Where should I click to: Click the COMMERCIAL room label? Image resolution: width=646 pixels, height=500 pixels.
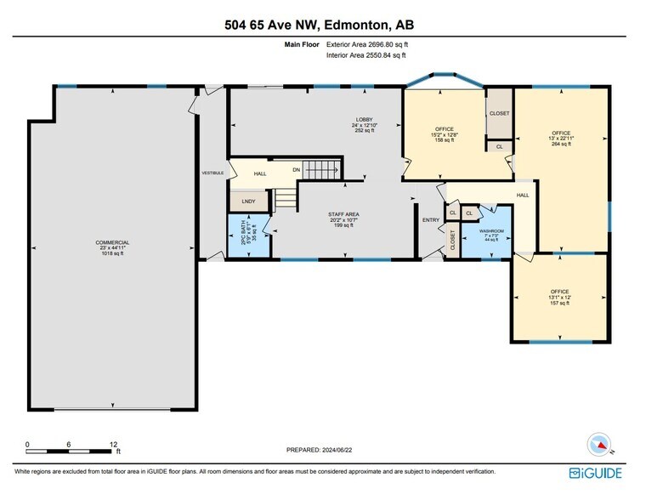pos(112,242)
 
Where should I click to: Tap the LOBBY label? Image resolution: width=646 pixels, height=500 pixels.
pos(364,119)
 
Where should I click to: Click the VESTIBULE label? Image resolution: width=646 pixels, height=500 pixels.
pos(212,173)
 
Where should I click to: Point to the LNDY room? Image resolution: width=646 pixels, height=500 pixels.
pos(248,202)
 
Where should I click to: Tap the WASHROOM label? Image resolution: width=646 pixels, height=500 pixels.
pos(492,231)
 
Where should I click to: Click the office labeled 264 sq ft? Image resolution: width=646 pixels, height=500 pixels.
pos(561,134)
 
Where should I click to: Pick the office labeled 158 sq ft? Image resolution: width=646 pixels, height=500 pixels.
pos(445,129)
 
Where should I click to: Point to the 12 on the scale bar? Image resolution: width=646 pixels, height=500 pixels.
pos(114,444)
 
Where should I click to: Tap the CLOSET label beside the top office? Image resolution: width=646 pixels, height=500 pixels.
pos(499,112)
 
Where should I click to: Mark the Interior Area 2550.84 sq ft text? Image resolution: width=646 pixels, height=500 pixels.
pos(366,55)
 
